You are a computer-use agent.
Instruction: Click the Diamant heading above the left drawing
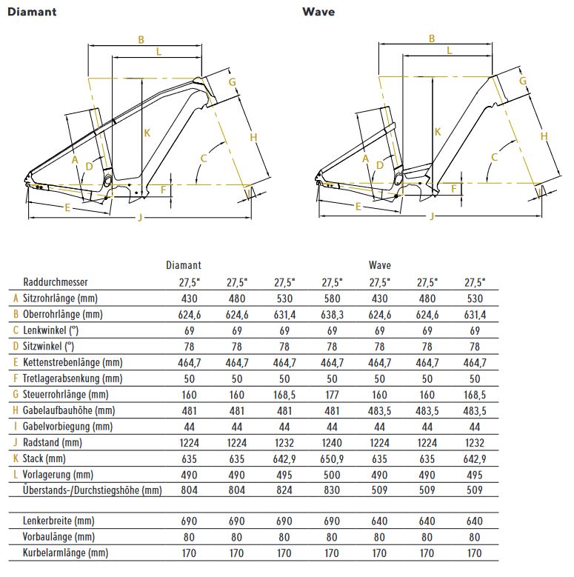coord(32,12)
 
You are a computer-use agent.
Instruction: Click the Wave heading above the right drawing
coord(318,12)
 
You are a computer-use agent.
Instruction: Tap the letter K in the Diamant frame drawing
coord(147,133)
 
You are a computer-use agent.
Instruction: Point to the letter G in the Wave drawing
coord(523,80)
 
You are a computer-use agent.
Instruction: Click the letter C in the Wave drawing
coord(495,157)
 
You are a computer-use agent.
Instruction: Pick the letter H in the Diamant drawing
coord(253,138)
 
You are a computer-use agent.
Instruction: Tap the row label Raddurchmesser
coord(56,282)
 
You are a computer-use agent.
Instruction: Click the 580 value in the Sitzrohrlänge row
coord(332,298)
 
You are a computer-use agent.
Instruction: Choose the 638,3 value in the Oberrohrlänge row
coord(332,314)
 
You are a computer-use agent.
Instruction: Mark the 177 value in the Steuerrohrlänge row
coord(332,394)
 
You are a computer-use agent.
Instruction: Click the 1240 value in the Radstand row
coord(332,442)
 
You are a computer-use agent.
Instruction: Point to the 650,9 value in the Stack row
coord(332,458)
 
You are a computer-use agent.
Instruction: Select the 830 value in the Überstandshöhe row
coord(332,490)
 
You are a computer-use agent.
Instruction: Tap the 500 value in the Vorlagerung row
coord(332,474)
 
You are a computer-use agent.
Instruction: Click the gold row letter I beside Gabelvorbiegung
coord(16,427)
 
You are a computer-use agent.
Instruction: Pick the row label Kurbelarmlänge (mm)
coord(66,553)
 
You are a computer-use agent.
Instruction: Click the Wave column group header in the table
coord(379,265)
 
